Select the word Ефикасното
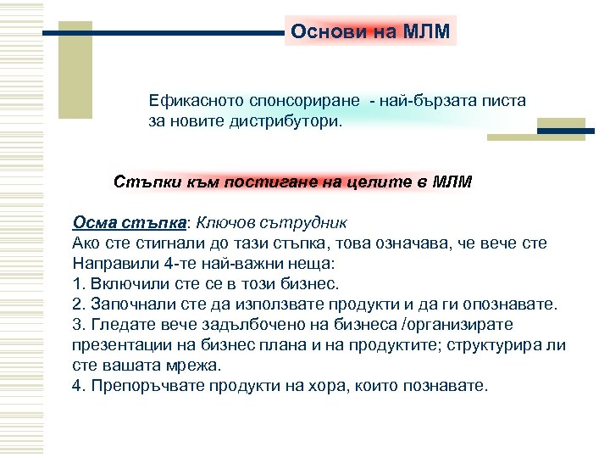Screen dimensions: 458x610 pos(192,101)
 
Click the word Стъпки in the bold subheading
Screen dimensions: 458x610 pos(141,182)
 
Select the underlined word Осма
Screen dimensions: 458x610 pos(92,223)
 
